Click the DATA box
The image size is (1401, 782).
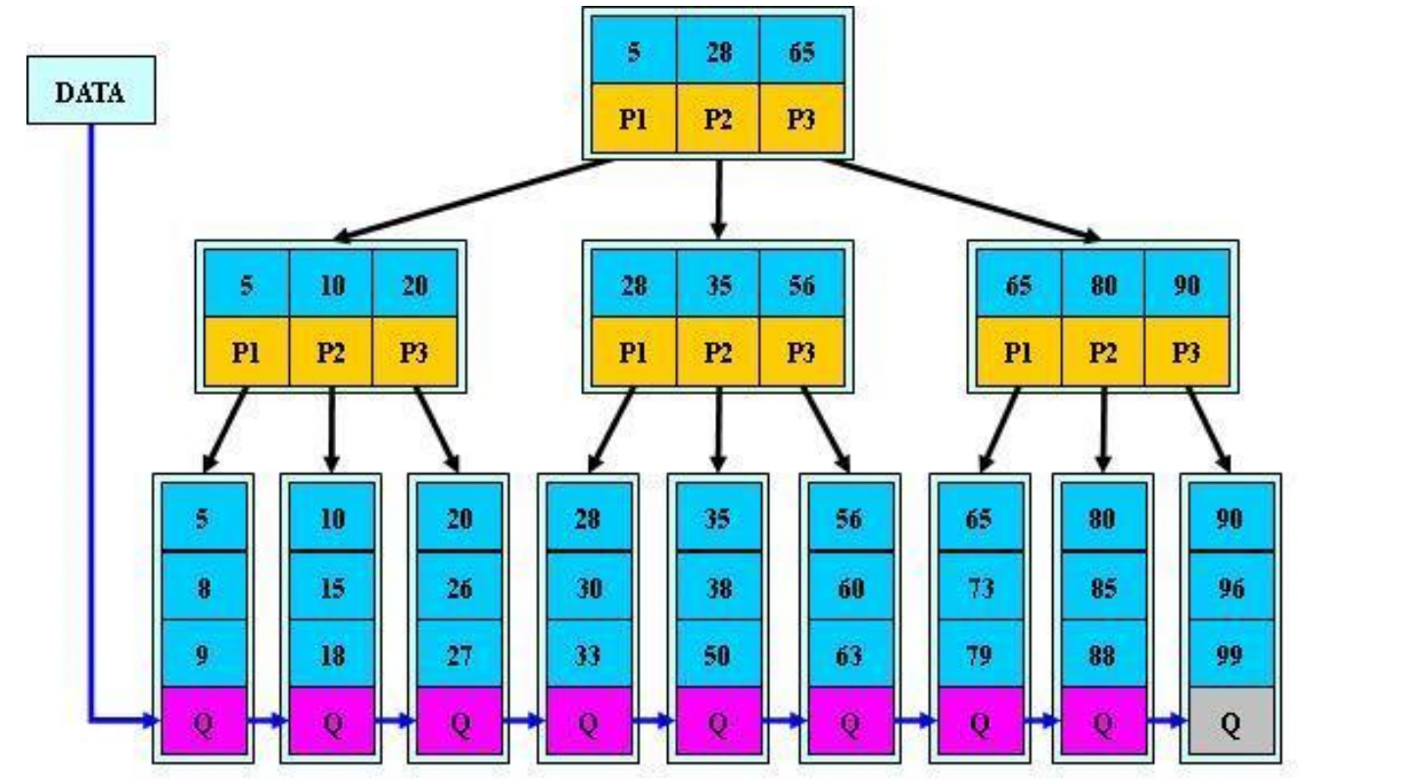click(x=90, y=93)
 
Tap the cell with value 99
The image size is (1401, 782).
click(x=1230, y=655)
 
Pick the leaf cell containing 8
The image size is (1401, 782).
click(x=202, y=587)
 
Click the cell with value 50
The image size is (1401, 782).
click(x=717, y=655)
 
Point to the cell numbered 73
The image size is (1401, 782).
click(x=979, y=587)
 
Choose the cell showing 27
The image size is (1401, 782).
click(x=459, y=655)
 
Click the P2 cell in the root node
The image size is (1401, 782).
click(x=718, y=118)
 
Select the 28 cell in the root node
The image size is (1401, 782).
click(x=718, y=51)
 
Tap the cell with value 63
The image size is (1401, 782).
click(x=848, y=655)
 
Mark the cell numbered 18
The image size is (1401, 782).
click(x=331, y=655)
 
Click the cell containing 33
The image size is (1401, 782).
click(x=587, y=655)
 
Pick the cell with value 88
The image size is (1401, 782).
click(x=1102, y=655)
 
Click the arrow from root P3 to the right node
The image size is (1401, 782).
click(x=960, y=200)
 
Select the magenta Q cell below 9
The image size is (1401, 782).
click(x=202, y=721)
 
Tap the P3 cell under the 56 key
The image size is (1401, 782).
click(x=801, y=351)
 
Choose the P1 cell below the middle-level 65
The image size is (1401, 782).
click(x=1018, y=351)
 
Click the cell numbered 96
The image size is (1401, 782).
click(x=1230, y=587)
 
